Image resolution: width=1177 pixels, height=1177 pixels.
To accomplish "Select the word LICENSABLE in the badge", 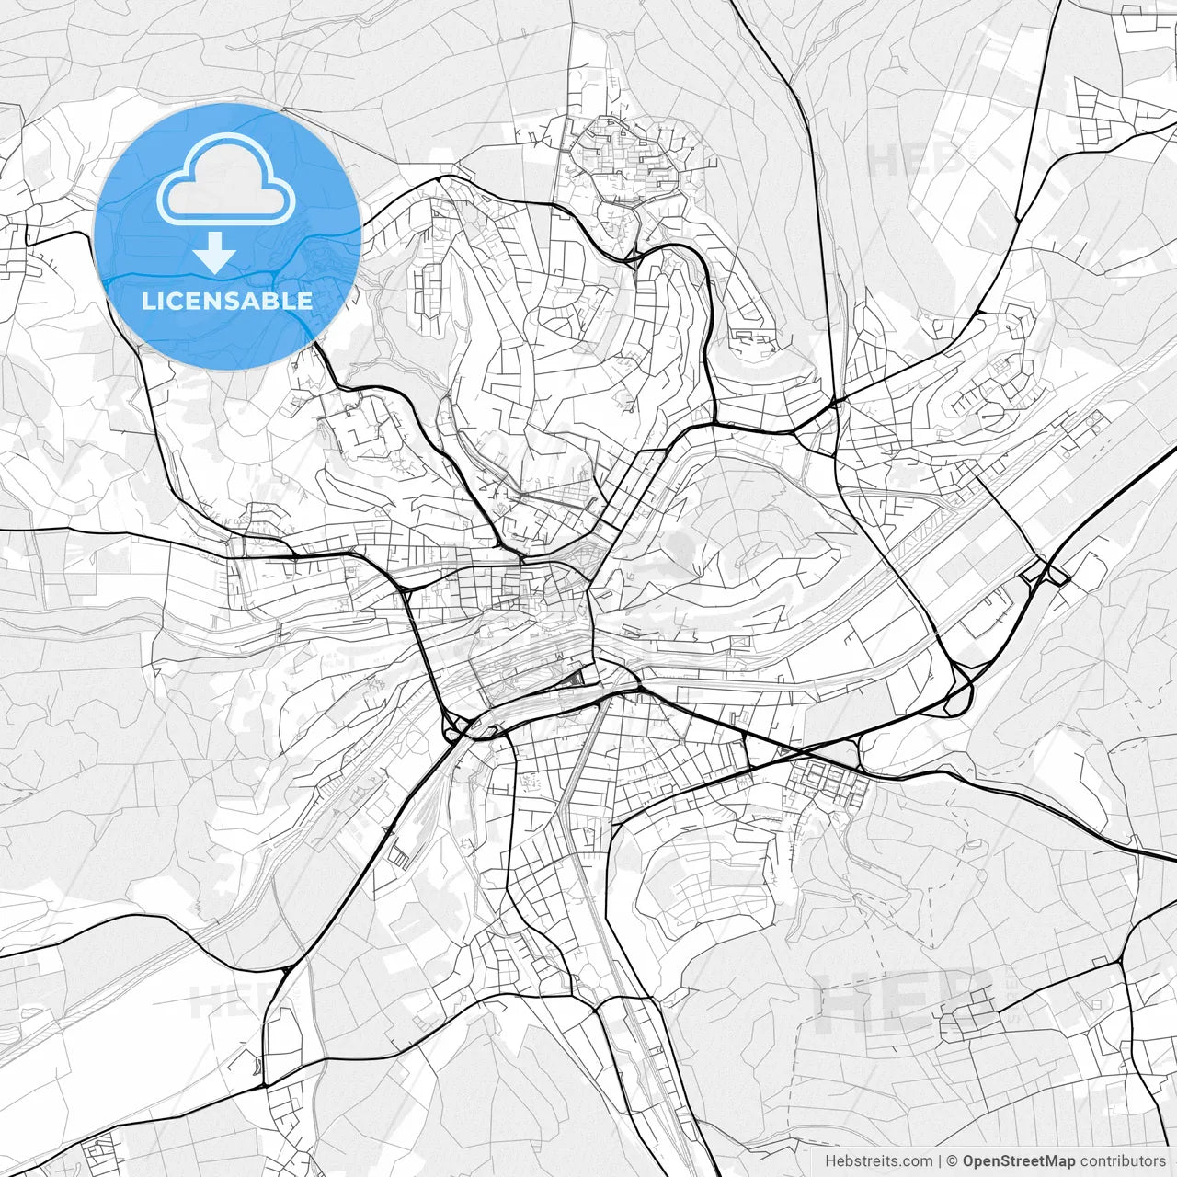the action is pyautogui.click(x=227, y=301).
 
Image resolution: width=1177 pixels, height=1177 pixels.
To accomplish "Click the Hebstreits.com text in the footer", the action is pyautogui.click(x=879, y=1161).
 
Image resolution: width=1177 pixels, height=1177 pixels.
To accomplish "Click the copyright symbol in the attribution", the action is pyautogui.click(x=953, y=1161).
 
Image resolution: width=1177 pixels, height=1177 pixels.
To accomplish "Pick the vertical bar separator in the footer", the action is pyautogui.click(x=941, y=1161).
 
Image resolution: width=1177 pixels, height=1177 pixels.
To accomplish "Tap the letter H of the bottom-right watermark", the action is pyautogui.click(x=842, y=1000).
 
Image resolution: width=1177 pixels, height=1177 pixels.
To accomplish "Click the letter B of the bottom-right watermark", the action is pyautogui.click(x=966, y=1000).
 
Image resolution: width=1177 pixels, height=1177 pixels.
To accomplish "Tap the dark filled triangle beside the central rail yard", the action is pyautogui.click(x=574, y=679).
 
